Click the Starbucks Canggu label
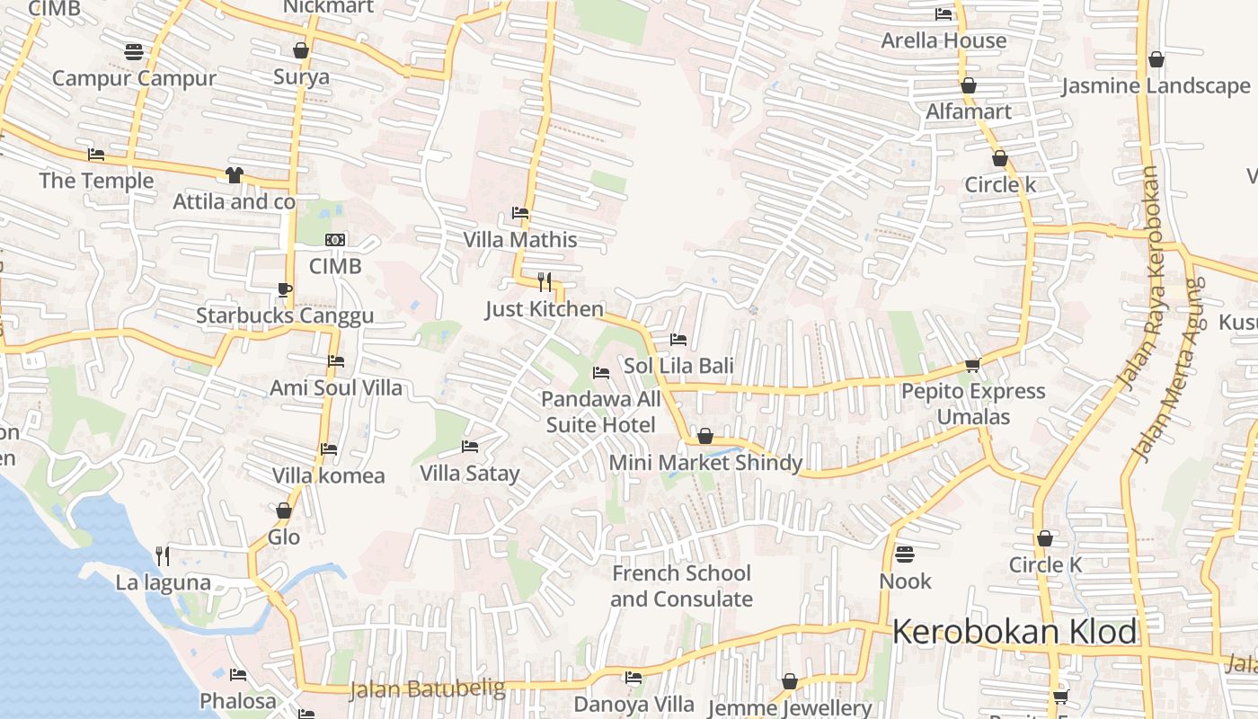click(x=285, y=315)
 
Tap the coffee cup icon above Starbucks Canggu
click(x=284, y=289)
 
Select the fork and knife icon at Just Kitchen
click(x=544, y=282)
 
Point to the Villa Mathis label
click(x=520, y=240)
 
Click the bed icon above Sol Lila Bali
click(x=678, y=340)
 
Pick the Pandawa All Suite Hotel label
click(x=601, y=411)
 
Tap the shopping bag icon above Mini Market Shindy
click(x=705, y=437)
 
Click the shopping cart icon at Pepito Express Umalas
click(x=972, y=365)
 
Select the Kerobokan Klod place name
click(x=1014, y=632)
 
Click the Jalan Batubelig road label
click(x=427, y=690)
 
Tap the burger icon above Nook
click(x=905, y=554)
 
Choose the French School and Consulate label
click(x=681, y=586)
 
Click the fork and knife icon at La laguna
click(x=163, y=556)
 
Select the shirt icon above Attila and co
click(x=234, y=174)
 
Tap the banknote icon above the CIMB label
click(x=335, y=240)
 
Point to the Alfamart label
click(x=969, y=111)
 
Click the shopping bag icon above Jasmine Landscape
click(x=1156, y=60)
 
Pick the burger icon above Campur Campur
click(x=134, y=51)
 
